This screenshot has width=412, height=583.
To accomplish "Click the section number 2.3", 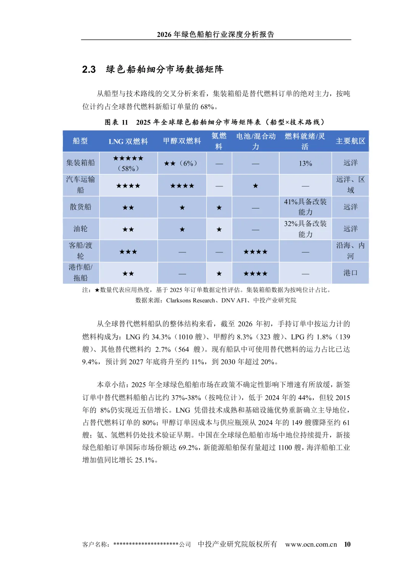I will (x=89, y=69).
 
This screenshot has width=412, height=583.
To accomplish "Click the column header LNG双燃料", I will (x=128, y=141).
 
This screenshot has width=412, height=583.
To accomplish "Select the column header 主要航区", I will (x=350, y=141).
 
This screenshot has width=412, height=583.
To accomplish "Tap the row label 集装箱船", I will (x=80, y=163).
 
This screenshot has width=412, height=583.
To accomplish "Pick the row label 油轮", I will (x=80, y=229).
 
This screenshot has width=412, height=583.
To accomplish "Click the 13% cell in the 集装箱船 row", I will (x=305, y=163).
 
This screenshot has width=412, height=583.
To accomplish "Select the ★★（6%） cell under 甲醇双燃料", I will (x=182, y=163).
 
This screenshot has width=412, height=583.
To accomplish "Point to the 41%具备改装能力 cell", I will (x=305, y=207).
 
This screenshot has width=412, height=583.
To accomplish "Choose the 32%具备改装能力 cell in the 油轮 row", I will (x=305, y=229).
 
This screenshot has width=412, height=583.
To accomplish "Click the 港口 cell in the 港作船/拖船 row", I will (x=350, y=273).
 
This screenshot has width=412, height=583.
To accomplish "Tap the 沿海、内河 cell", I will (x=350, y=251).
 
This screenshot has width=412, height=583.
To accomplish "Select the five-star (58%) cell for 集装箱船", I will (x=128, y=163).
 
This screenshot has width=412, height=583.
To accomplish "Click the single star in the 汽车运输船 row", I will (x=256, y=186).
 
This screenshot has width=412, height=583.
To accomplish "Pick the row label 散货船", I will (x=80, y=207).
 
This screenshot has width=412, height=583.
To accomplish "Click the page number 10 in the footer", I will (x=347, y=544).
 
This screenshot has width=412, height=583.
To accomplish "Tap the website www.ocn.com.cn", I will (x=311, y=544).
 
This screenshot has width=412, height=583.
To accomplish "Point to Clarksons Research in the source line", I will (x=190, y=300).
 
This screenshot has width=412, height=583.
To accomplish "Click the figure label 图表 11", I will (x=116, y=122).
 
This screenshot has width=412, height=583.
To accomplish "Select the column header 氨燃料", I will (x=219, y=141).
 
